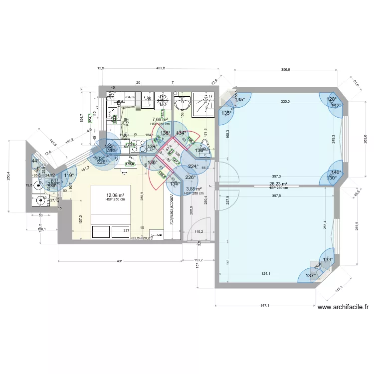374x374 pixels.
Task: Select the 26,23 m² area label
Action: [278, 184]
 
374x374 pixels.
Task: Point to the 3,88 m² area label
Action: [193, 189]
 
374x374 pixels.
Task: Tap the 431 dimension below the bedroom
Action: [119, 261]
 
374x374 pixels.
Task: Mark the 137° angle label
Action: [311, 276]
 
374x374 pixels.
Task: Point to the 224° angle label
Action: [193, 167]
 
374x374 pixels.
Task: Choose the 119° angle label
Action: [69, 175]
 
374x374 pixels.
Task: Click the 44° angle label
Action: [35, 161]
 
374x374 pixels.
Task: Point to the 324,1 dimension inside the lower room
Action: [266, 273]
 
